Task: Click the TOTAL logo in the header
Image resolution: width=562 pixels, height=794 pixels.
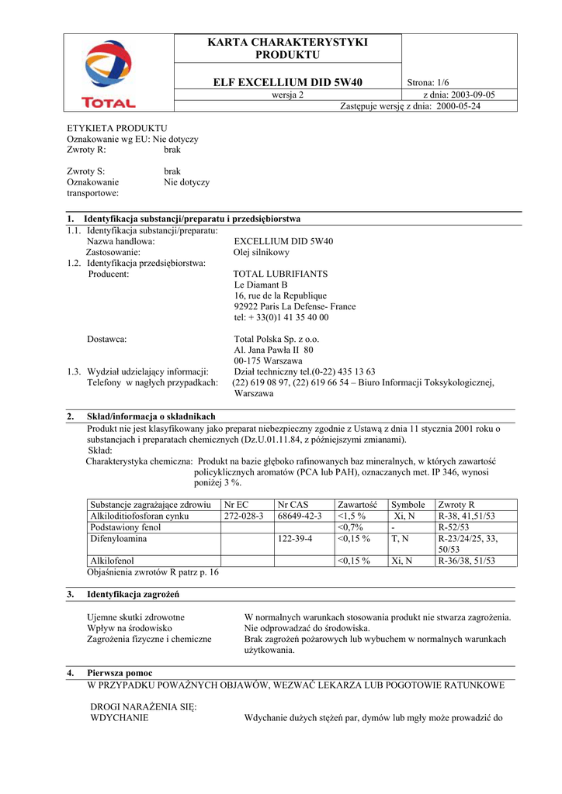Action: coord(109,74)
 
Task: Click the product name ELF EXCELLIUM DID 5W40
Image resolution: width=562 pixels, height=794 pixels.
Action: coord(288,82)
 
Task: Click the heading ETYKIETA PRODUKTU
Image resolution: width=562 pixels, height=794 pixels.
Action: coord(117,128)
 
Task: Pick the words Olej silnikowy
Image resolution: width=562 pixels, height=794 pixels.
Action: coord(262,252)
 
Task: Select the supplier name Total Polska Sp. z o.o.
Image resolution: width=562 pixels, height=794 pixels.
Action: coord(276,339)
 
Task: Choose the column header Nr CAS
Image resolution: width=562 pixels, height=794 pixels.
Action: coord(293,504)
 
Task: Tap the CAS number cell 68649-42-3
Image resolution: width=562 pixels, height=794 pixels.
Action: coord(300,516)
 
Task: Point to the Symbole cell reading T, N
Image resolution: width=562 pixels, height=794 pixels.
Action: coord(401,537)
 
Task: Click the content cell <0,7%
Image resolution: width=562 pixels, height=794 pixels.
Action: coord(351,526)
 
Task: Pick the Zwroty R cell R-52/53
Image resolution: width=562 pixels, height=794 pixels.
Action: coord(456,526)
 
